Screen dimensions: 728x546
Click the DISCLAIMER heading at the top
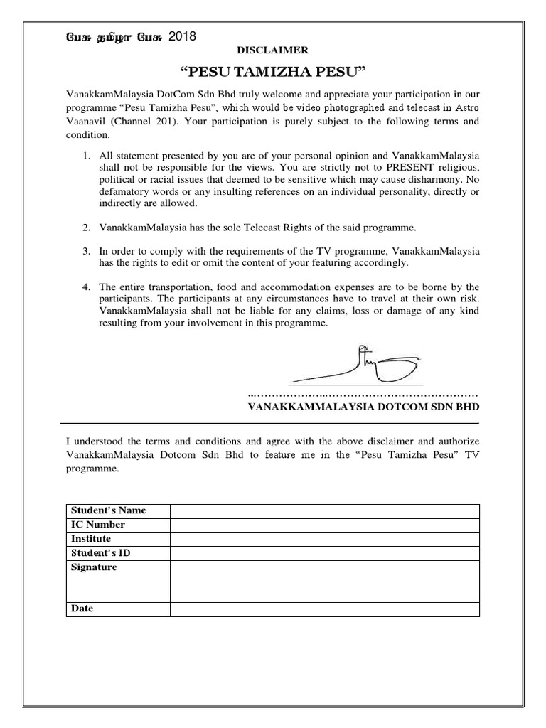[273, 50]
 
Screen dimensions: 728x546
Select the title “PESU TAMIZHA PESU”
[273, 71]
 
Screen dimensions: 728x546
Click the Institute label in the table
[91, 539]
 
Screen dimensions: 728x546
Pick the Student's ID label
[99, 553]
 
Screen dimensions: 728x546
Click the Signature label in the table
[95, 567]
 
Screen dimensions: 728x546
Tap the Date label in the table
[82, 609]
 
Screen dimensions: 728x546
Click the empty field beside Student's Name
[324, 511]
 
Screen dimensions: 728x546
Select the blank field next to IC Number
[324, 525]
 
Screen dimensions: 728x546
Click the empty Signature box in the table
[324, 581]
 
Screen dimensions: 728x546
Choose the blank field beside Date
[324, 609]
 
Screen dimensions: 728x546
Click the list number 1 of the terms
[85, 156]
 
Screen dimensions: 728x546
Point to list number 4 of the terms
[85, 287]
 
